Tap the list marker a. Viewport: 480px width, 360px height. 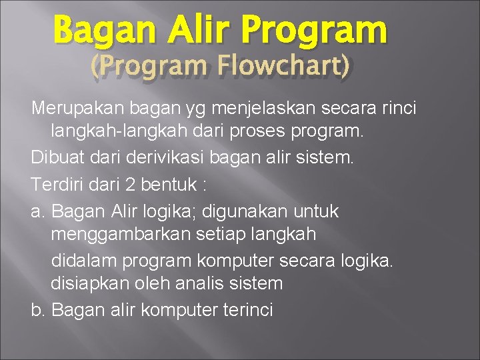(x=37, y=212)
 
